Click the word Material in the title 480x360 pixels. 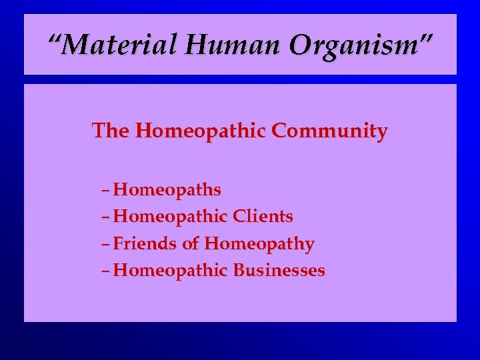[121, 45]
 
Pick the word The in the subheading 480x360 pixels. [111, 131]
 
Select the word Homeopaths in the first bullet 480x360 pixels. [167, 191]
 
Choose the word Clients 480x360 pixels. [263, 217]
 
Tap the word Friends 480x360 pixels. [145, 244]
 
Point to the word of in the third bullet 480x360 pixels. [190, 244]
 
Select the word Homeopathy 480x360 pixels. [259, 245]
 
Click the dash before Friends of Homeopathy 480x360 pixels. [107, 245]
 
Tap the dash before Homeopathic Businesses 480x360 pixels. [107, 271]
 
